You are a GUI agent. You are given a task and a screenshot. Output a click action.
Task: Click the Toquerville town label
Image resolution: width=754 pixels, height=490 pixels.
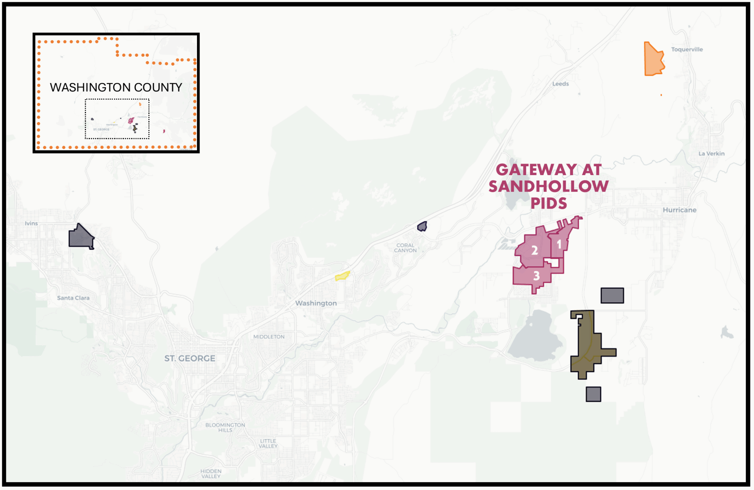(x=687, y=49)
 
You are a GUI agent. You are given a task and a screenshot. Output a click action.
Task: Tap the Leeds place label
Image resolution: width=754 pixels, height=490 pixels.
(x=560, y=84)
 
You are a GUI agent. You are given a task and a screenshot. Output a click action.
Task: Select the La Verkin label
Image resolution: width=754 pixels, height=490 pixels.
(x=711, y=153)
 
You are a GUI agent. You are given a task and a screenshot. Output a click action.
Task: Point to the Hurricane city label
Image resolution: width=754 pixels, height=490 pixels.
(x=679, y=210)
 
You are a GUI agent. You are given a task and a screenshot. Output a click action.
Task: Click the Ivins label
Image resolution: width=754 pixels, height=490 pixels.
(x=31, y=223)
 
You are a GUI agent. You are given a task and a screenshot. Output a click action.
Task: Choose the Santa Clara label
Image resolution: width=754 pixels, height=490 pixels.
(x=73, y=298)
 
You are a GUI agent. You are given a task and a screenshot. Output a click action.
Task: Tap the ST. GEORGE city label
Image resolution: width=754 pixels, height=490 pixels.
(x=190, y=358)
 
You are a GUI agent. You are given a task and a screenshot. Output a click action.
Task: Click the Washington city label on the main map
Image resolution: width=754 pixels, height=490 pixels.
(x=316, y=303)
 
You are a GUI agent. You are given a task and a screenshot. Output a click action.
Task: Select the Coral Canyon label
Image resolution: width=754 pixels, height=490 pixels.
(x=405, y=248)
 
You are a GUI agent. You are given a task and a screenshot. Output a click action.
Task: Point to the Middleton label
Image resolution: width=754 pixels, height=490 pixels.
(x=269, y=337)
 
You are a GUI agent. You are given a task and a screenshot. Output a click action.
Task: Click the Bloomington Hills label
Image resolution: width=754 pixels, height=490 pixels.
(x=225, y=427)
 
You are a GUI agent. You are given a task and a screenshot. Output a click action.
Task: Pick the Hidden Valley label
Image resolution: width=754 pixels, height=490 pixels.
(x=211, y=473)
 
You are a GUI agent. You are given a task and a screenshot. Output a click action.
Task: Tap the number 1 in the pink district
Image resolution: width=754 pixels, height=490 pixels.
(x=559, y=244)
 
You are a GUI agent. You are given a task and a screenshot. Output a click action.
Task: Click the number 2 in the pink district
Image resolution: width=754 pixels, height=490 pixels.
(x=535, y=251)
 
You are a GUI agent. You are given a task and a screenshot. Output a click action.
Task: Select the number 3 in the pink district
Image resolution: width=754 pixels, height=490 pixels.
(x=536, y=275)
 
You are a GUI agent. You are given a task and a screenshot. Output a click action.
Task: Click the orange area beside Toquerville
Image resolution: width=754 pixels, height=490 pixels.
(x=653, y=60)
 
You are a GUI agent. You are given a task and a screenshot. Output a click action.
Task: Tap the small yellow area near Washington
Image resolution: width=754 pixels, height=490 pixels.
(x=342, y=276)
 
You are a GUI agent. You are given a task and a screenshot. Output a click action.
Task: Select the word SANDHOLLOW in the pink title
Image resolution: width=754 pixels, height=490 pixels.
(x=548, y=186)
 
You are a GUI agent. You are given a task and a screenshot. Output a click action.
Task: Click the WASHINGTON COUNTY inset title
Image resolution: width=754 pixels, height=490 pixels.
(x=116, y=87)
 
